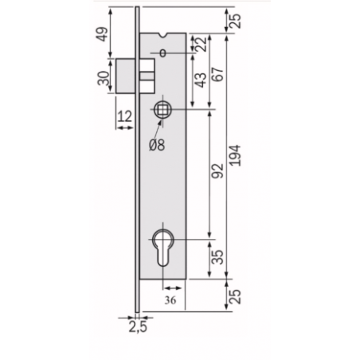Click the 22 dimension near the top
201,44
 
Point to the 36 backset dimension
170,300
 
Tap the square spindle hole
162,109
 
